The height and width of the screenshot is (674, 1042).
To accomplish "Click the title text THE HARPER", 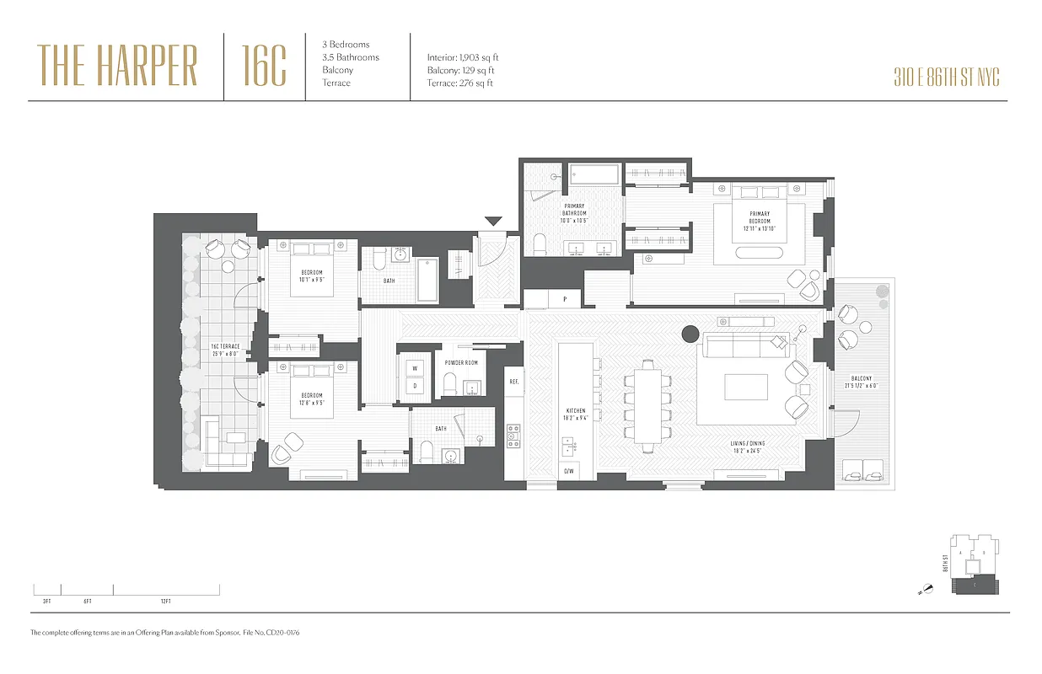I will (x=117, y=66).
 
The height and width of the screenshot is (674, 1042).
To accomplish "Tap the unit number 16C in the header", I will (x=264, y=66).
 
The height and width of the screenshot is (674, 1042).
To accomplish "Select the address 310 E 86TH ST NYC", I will (x=947, y=78).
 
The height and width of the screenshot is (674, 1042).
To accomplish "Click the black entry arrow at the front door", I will (x=493, y=222).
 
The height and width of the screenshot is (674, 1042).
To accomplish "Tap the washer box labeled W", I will (x=415, y=367).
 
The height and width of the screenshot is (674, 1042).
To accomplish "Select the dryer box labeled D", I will (x=415, y=386).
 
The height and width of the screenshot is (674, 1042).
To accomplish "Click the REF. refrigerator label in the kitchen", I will (x=514, y=382).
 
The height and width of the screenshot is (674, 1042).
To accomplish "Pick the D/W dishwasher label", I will (x=570, y=471).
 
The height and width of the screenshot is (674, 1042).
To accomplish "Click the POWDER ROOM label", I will (x=461, y=362).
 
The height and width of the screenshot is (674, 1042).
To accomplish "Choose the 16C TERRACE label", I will (x=225, y=346).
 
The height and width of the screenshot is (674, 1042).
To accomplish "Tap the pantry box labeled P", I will (x=565, y=298).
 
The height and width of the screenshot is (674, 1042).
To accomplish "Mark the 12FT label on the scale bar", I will (x=165, y=601).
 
